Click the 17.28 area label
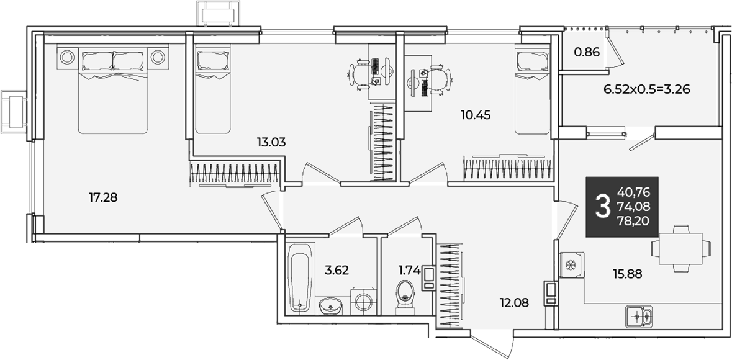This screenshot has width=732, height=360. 102,198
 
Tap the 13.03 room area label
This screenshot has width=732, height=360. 271,142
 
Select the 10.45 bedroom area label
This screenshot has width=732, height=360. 476,114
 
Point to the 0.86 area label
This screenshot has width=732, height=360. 587,52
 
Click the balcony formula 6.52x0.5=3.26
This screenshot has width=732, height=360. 646,89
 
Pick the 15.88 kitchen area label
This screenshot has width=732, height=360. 628,274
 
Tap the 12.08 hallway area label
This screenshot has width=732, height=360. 514,303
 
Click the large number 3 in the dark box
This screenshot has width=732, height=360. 603,207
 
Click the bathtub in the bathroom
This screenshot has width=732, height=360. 299,276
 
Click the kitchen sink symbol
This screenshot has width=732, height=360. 639,317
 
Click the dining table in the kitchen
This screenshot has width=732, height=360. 681,249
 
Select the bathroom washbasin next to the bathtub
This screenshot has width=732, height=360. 330,306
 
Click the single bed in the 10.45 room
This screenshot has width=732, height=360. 533,89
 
